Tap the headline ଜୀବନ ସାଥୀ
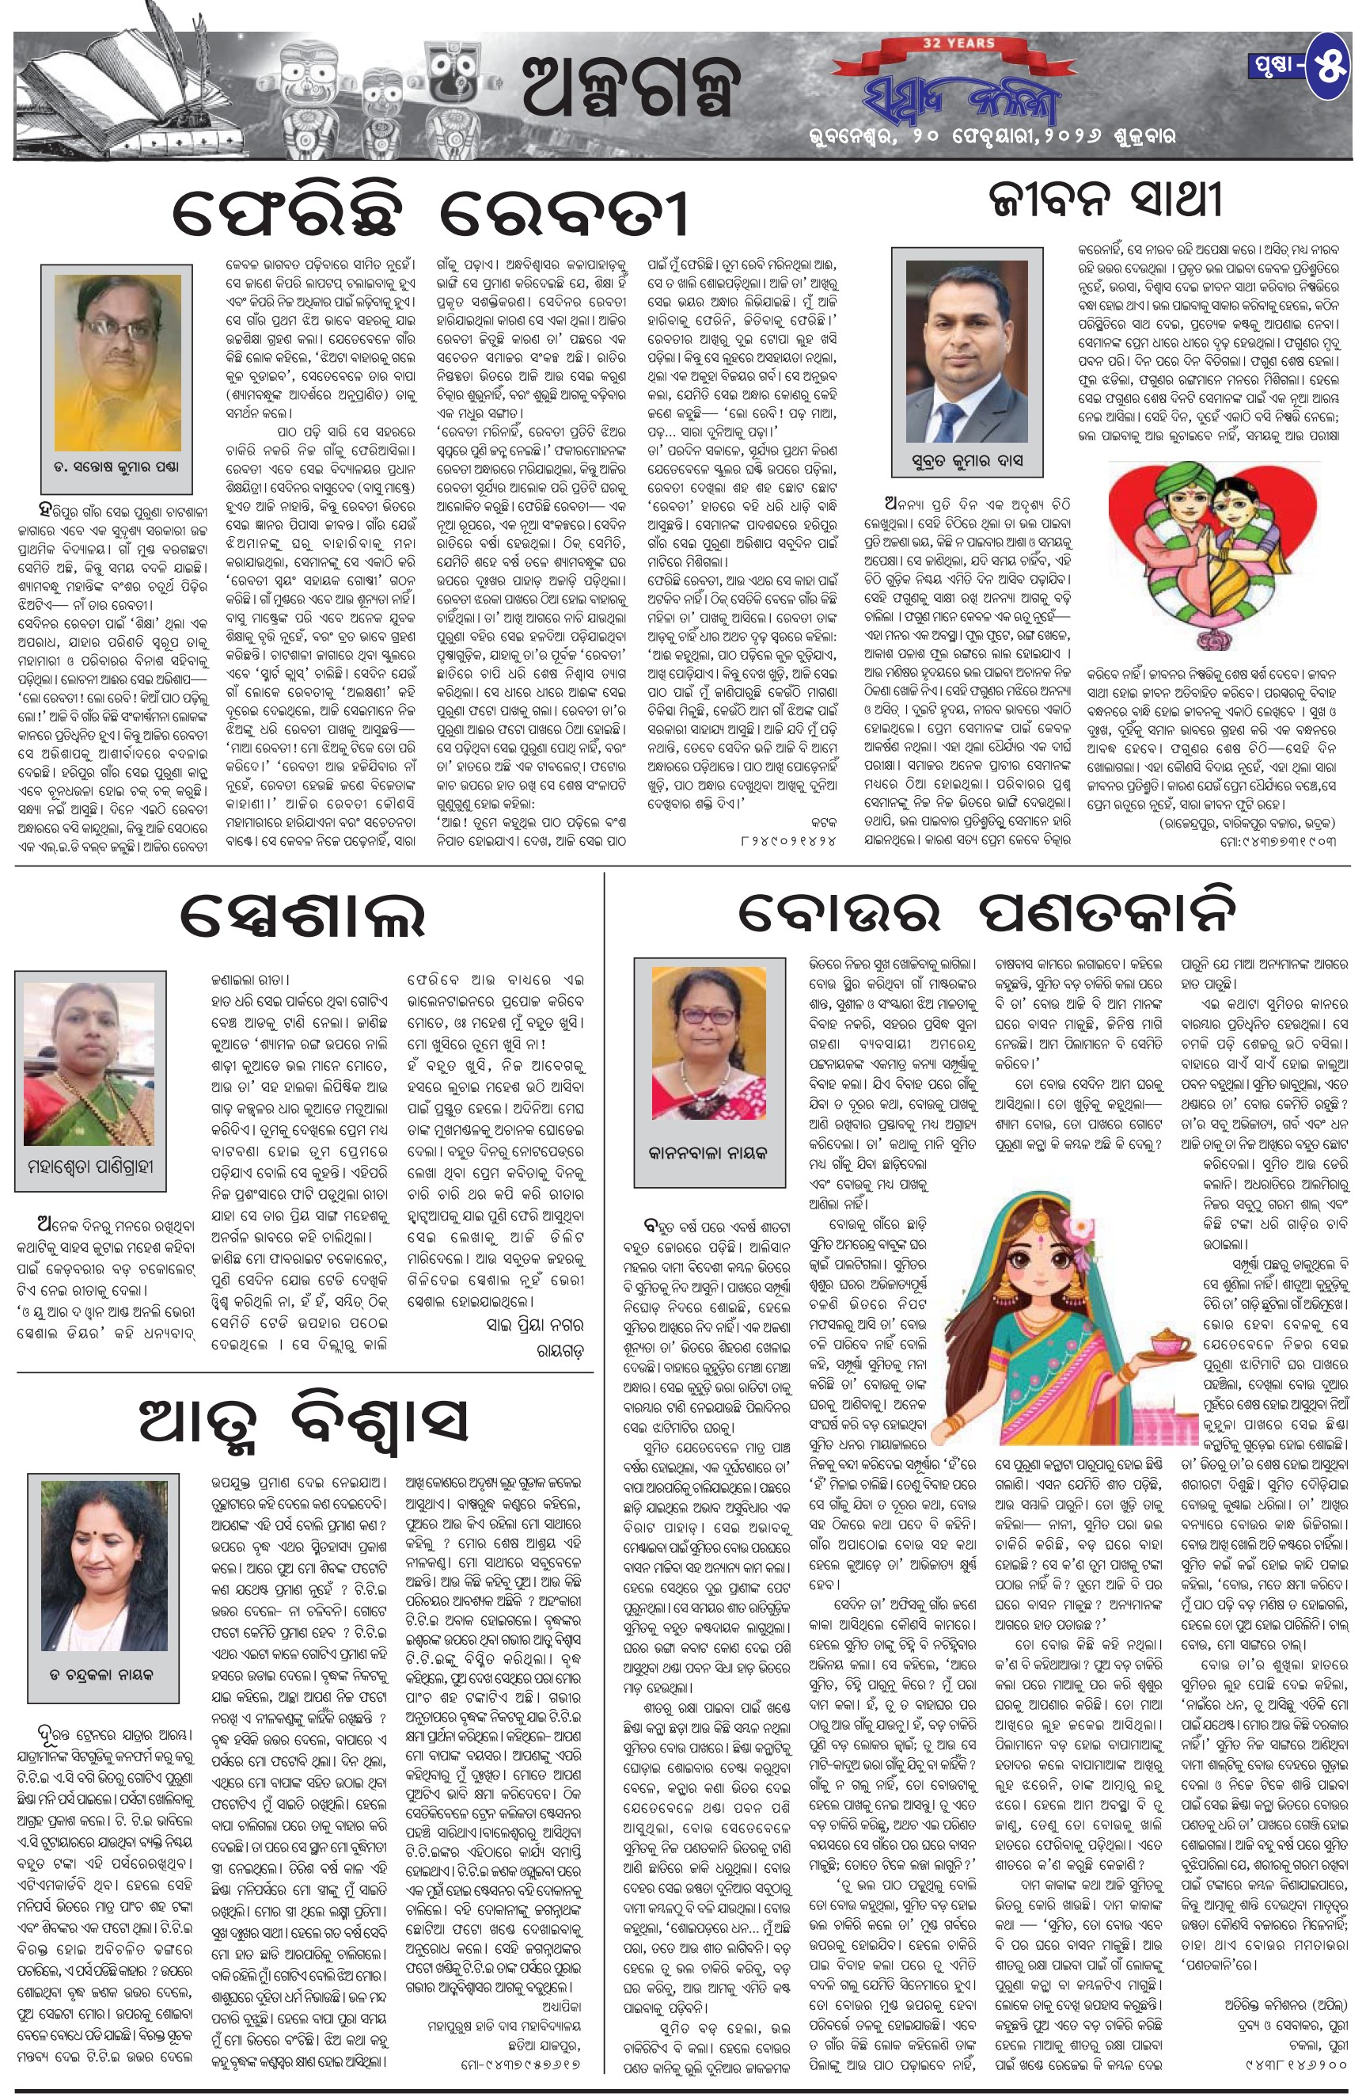pos(1104,202)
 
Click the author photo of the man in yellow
pos(117,361)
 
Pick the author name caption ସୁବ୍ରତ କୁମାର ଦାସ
pos(967,462)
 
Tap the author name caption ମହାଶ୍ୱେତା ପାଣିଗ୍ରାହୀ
pos(91,1166)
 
